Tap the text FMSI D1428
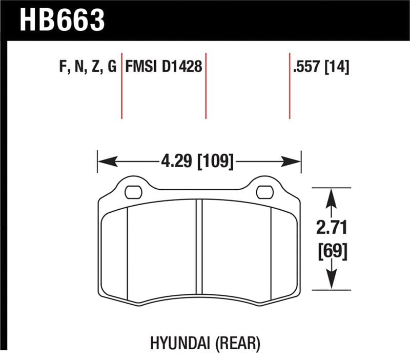163,67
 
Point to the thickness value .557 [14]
320,67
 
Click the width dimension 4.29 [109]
197,162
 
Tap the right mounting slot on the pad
264,192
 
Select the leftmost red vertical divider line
121,85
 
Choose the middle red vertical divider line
206,85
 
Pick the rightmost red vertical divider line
290,85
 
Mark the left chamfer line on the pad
127,254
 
